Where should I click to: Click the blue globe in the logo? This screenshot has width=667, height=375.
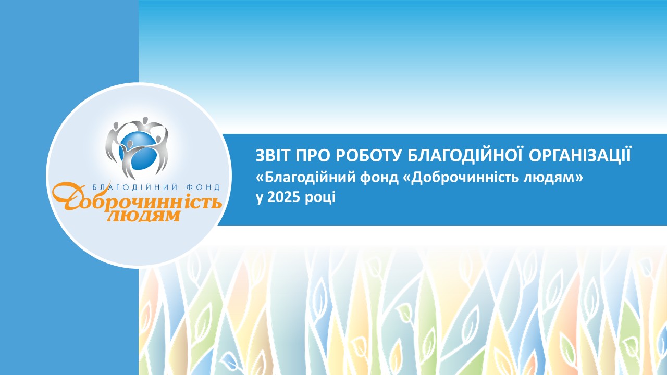pos(137,151)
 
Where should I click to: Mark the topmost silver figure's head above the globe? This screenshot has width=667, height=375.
pos(145,120)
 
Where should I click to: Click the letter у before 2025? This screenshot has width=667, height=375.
pos(260,199)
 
